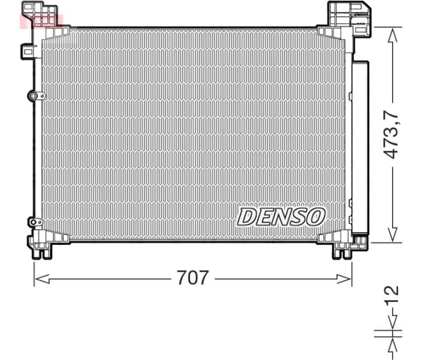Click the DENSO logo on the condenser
pos(281,217)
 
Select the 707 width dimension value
pos(193,278)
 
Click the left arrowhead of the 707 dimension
pos(37,278)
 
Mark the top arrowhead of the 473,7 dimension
pos(392,32)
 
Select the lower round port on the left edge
pos(33,221)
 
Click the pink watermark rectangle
pos(41,20)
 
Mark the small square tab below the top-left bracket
pos(28,51)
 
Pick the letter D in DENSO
pos(247,217)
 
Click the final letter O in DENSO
pos(315,217)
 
